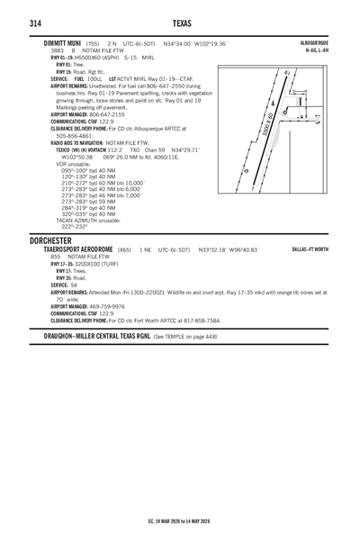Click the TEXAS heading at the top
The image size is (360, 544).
coord(180,22)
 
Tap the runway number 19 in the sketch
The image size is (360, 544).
coord(285,73)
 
